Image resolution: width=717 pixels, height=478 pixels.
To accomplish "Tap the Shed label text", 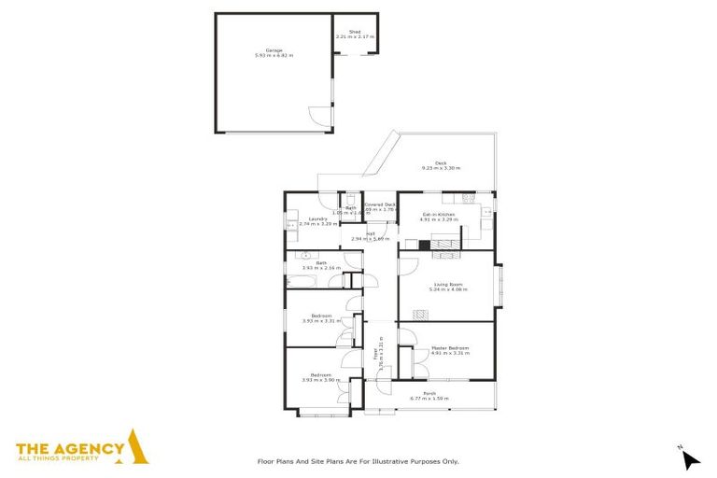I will point(355,32).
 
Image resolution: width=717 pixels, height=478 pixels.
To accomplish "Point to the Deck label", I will point(441,163).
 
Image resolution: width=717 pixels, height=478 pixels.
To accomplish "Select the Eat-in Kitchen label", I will point(439,215).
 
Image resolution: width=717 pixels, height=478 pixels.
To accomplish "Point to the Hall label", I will point(371,233).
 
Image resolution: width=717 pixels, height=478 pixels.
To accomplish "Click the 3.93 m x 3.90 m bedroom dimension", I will point(320,380).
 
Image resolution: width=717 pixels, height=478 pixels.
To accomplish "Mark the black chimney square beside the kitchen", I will point(424,246).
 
